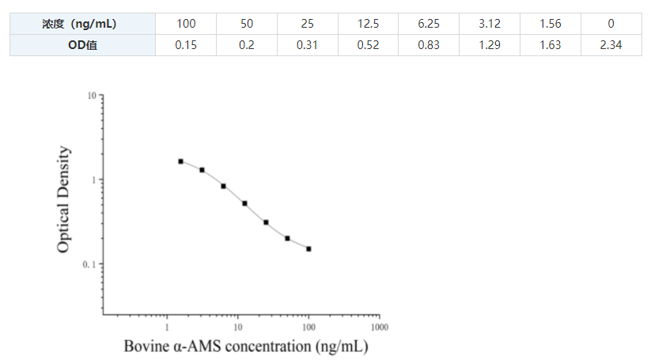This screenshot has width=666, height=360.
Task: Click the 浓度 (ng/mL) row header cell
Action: point(82,25)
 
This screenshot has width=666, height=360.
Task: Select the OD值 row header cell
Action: point(82,45)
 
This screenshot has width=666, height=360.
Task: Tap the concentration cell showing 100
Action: point(186,25)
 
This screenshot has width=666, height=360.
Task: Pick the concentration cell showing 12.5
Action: point(368,25)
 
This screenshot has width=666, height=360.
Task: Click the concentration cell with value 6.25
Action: point(429,25)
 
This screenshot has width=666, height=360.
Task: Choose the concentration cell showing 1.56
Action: point(550,25)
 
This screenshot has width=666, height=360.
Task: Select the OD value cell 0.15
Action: point(186,45)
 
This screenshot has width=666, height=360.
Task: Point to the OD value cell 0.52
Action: point(368,45)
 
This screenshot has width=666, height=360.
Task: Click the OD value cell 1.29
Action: point(490,45)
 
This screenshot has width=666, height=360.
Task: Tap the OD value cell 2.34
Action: point(611,45)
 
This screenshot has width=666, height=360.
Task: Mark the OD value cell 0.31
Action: point(307,45)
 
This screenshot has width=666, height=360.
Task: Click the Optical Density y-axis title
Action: point(65,199)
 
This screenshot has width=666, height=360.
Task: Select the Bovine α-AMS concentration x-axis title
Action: point(246,347)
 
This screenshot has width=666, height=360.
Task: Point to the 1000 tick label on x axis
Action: point(379,326)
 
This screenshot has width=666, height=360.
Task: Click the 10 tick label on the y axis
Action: point(91,96)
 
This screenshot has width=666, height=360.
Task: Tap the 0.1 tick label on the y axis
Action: point(89,264)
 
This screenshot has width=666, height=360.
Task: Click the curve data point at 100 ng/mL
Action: point(308,248)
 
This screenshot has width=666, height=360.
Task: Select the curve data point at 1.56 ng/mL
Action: point(180,161)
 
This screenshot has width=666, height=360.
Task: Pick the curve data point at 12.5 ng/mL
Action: point(244,203)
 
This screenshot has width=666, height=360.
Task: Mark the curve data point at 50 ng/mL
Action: point(287,238)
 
